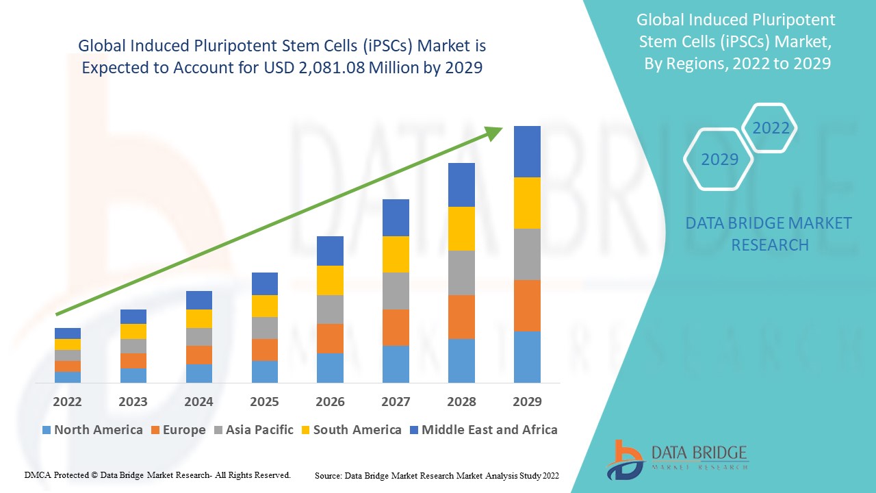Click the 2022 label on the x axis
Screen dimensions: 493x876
(67, 401)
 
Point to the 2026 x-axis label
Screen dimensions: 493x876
(330, 401)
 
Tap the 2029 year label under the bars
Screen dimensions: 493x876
(527, 401)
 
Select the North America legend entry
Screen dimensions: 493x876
(92, 430)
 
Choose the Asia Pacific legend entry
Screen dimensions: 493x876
(254, 430)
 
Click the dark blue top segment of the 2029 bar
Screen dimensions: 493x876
(527, 151)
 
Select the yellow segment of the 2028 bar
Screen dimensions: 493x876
(461, 229)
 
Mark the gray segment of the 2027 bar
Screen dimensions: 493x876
(396, 291)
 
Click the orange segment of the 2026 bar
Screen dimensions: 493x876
(330, 338)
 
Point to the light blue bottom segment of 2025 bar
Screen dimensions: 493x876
(264, 371)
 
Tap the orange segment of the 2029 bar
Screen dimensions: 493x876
(527, 305)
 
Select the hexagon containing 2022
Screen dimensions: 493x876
(771, 128)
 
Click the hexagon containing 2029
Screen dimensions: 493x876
(719, 160)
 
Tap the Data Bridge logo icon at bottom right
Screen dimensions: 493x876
(624, 459)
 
